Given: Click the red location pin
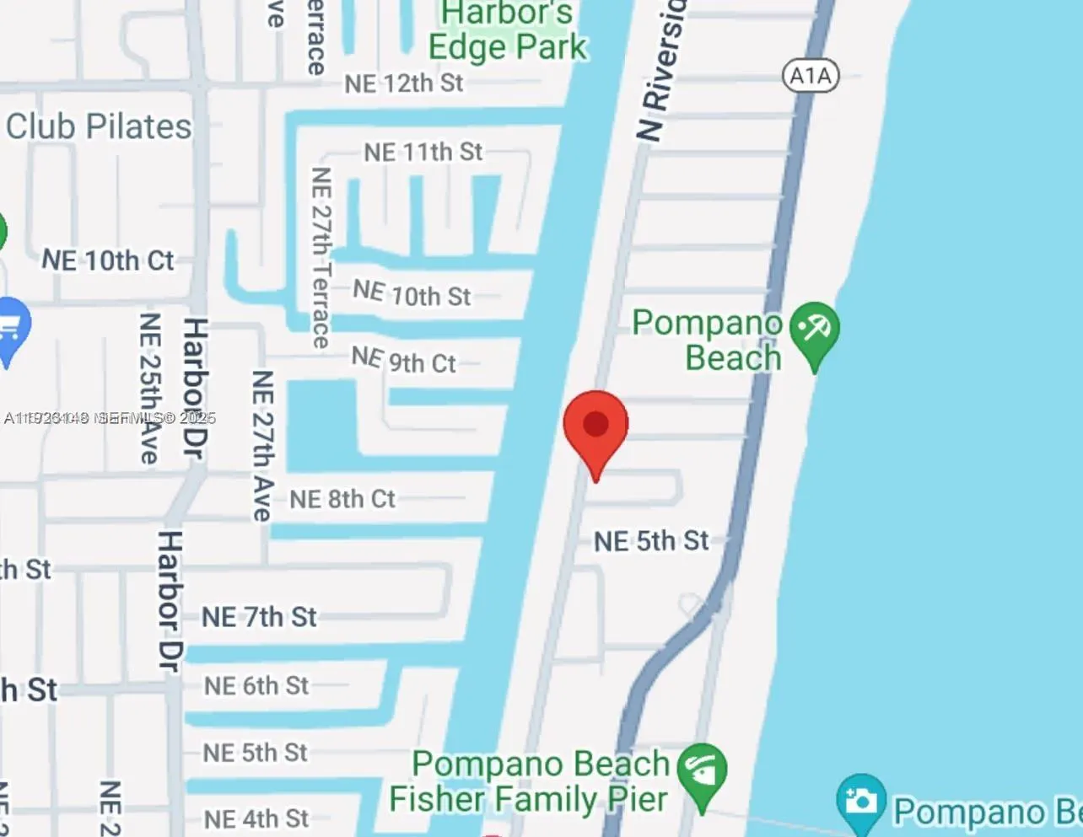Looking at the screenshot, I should (595, 427).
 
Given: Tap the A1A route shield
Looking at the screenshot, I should (811, 76).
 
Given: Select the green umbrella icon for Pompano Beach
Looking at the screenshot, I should (815, 330).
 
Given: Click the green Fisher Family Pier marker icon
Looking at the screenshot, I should (702, 772).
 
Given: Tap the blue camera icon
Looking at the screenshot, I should (860, 800).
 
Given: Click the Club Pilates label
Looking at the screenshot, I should (99, 126).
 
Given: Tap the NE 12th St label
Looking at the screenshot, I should (404, 83).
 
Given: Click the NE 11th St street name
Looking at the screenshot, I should (423, 153).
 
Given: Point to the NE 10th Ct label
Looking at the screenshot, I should (108, 260).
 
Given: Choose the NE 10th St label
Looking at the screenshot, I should (412, 294).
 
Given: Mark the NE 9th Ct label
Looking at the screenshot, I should (404, 361).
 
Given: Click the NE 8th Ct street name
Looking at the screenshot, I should (342, 499).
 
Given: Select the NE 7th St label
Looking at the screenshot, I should (259, 617).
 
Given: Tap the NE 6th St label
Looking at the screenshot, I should (256, 686).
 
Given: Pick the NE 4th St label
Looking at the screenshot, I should (256, 818).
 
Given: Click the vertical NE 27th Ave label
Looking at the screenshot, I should (262, 445).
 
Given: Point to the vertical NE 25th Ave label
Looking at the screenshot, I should (149, 388).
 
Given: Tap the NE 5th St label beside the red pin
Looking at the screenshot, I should (651, 541).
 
